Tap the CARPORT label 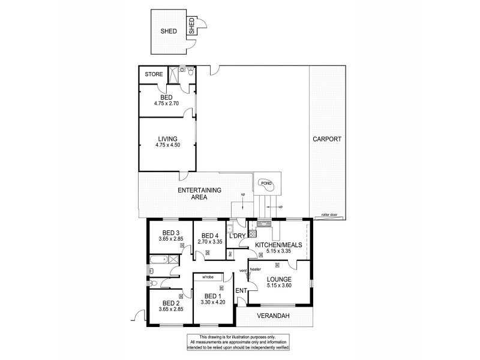tap(326, 139)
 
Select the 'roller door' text tap(329, 214)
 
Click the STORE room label tap(154, 74)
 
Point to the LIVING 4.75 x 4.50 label tap(167, 139)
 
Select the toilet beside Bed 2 tap(155, 284)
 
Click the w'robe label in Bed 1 tap(208, 277)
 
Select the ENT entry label tap(242, 291)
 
